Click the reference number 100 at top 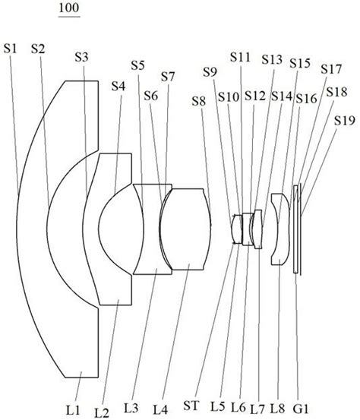(69, 8)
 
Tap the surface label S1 (10, 49)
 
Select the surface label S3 (81, 57)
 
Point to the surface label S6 (151, 96)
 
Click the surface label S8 (199, 101)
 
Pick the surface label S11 (240, 57)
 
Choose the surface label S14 (282, 96)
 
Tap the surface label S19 (345, 121)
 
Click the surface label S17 (331, 69)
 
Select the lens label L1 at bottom (73, 410)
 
